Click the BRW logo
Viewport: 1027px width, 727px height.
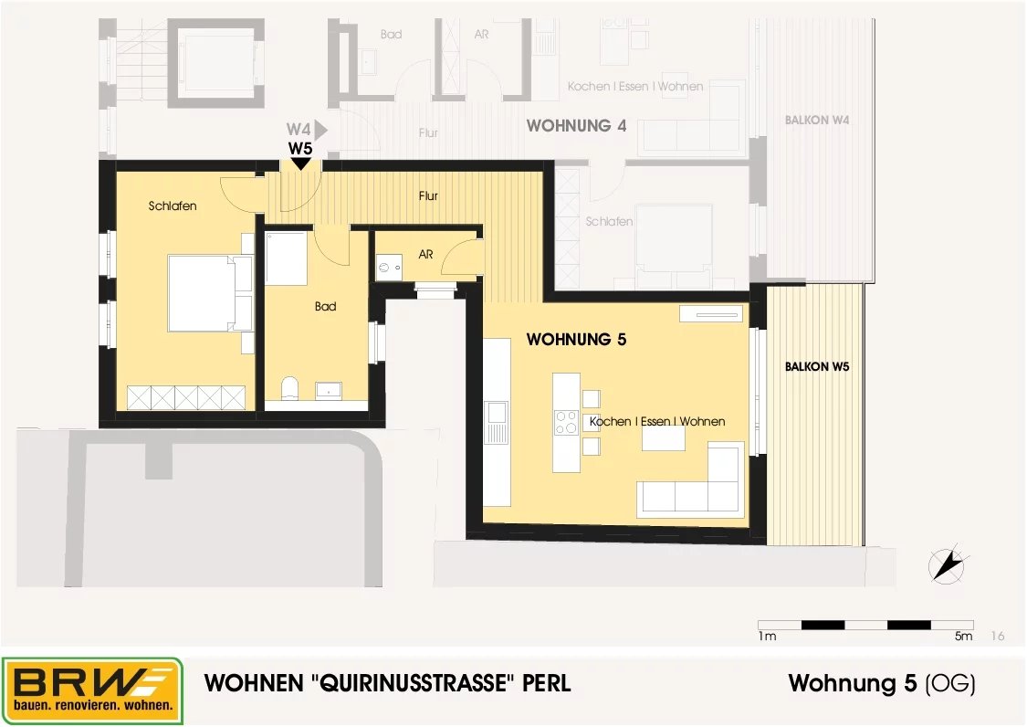(91, 691)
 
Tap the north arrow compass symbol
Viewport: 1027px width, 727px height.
(948, 564)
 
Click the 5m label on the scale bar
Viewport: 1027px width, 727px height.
(963, 636)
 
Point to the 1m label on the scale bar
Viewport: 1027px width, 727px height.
(767, 636)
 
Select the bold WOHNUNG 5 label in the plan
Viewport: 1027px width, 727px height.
(576, 340)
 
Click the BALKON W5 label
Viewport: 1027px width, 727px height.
(817, 366)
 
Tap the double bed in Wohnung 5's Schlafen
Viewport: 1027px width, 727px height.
(210, 293)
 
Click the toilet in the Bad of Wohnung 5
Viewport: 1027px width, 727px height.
(289, 387)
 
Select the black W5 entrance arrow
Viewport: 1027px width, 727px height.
(300, 163)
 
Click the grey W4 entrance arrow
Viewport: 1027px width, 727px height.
(321, 130)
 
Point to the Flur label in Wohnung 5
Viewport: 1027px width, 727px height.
(428, 195)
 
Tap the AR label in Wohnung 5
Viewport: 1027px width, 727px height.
(425, 254)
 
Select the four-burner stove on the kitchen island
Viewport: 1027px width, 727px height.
(566, 422)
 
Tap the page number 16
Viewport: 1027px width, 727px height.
(998, 636)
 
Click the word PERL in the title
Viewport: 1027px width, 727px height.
(546, 683)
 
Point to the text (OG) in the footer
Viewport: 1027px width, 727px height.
(950, 684)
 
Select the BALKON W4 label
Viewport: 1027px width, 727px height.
(817, 120)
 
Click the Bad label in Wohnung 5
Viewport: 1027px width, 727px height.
(326, 306)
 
